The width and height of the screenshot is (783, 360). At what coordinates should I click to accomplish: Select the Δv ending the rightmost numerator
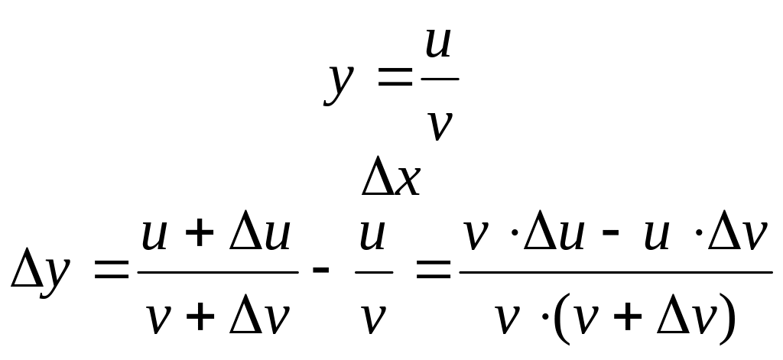point(736,237)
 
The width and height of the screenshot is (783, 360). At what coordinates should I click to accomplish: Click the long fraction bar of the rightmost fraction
point(615,271)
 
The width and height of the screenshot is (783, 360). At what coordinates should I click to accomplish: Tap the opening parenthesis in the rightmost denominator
point(553,319)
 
